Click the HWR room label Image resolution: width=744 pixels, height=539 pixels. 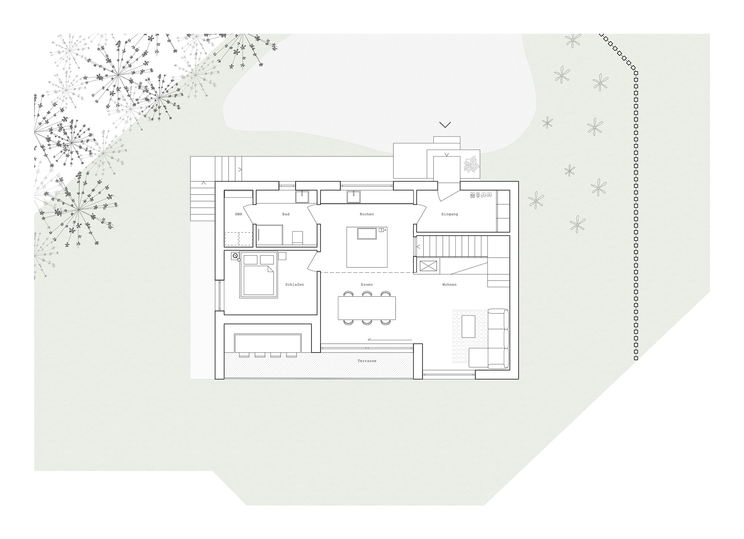click(x=238, y=214)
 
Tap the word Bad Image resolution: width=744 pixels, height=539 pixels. click(x=286, y=214)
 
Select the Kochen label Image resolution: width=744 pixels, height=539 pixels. click(x=367, y=214)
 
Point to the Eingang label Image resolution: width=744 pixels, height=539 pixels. click(x=449, y=214)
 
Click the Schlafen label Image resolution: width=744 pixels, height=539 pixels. click(x=294, y=285)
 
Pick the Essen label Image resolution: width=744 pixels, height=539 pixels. click(x=367, y=285)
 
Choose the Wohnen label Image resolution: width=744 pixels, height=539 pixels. click(x=449, y=285)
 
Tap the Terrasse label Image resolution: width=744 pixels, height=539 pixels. click(x=367, y=361)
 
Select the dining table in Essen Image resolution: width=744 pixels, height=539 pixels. click(x=367, y=308)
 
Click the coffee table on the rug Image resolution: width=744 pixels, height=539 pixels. click(x=468, y=327)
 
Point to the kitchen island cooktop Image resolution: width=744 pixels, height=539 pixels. click(x=367, y=234)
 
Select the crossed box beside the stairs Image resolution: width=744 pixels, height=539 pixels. click(x=428, y=266)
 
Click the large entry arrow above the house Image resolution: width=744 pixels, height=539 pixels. click(x=445, y=125)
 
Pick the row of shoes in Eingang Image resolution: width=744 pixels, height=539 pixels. click(x=481, y=195)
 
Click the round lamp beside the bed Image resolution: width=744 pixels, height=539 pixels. click(x=235, y=256)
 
